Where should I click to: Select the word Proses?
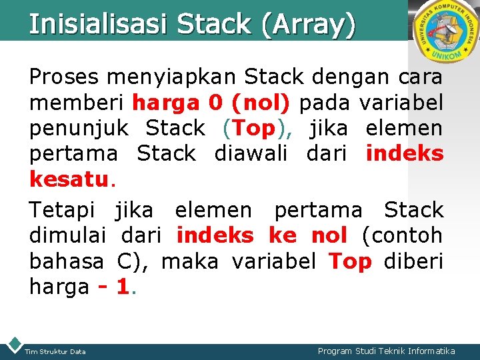(63, 77)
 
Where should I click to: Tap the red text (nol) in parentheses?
(260, 103)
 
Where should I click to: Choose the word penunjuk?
(79, 129)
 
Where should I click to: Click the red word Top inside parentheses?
(255, 128)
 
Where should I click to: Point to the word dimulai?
(68, 235)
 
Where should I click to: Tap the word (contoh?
(402, 235)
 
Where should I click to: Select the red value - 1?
(113, 287)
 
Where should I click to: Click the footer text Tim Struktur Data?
(55, 351)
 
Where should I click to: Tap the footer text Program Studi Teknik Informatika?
(386, 351)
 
